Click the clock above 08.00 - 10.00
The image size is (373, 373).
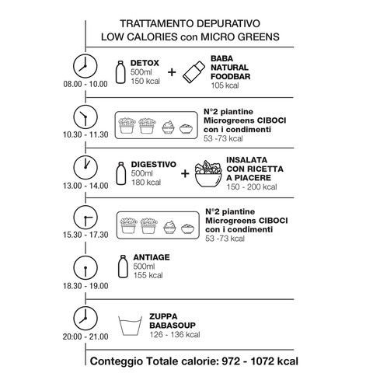pos(85,66)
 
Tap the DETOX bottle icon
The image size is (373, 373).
pos(120,72)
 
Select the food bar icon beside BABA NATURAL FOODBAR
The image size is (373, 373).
pos(193,72)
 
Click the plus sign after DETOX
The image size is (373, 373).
pos(172,72)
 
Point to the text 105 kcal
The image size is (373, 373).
pos(225,85)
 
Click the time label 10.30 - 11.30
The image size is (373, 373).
pos(85,134)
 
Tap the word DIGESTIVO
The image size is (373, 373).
pos(154,165)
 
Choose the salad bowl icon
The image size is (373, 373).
pos(208,174)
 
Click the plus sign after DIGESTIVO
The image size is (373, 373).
pos(185,173)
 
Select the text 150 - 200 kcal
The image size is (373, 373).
pos(252,187)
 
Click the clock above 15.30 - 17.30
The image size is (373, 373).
pos(85,218)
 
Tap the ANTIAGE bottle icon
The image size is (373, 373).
pos(123,267)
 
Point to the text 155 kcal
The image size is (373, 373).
pos(148,275)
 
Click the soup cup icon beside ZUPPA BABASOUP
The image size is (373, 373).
pos(130,326)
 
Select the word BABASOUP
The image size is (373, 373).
pos(173,326)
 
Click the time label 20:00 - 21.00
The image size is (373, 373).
pos(85,336)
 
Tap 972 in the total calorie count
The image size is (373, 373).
pos(232,361)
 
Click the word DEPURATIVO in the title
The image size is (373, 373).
pos(228,23)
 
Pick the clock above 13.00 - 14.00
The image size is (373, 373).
pos(85,167)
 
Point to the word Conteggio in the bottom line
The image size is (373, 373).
pos(117,361)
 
